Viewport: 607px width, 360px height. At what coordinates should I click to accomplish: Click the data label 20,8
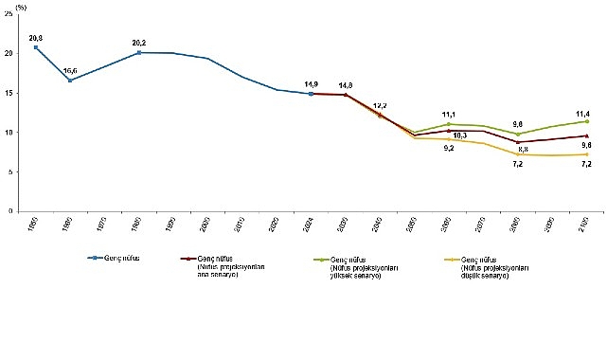point(36,37)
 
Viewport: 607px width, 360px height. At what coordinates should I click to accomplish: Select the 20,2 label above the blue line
point(140,43)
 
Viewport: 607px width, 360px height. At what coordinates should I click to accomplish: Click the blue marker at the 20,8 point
point(36,47)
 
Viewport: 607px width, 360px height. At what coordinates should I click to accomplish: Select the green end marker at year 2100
point(587,121)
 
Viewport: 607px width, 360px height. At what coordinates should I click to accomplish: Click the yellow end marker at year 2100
point(587,154)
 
